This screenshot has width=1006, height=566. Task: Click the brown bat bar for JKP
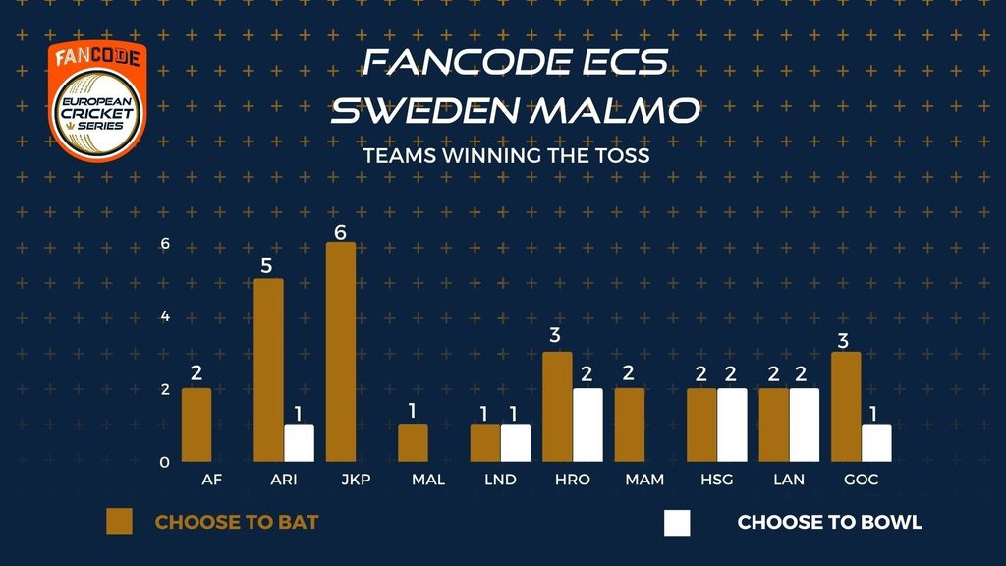pos(341,352)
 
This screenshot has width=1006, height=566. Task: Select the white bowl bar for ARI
pos(299,443)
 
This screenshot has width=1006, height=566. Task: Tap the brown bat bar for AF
pos(196,424)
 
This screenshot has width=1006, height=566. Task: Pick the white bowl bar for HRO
pos(587,424)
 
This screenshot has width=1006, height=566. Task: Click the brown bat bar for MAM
pos(630,424)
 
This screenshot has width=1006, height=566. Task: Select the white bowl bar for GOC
pos(876,443)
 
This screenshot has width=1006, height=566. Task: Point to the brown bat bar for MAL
pos(413,443)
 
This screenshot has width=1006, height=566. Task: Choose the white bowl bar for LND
pos(516,443)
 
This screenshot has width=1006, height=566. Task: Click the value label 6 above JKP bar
pos(340,232)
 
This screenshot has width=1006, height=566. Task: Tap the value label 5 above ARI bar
pos(267,266)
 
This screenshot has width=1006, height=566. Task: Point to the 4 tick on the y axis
pos(165,316)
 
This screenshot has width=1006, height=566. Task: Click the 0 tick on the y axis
pos(165,463)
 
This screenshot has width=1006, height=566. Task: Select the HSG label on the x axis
pos(716,480)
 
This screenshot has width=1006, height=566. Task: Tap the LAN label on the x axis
pos(789,480)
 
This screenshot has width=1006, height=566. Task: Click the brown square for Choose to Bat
pos(119,522)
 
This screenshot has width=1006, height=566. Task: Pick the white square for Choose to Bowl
pos(678,523)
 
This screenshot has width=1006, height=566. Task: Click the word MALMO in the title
pos(615,110)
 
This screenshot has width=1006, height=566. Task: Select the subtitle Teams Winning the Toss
pos(506,156)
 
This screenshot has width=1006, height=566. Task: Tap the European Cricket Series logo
pos(97,101)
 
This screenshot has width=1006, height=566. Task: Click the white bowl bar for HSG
pos(732,424)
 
